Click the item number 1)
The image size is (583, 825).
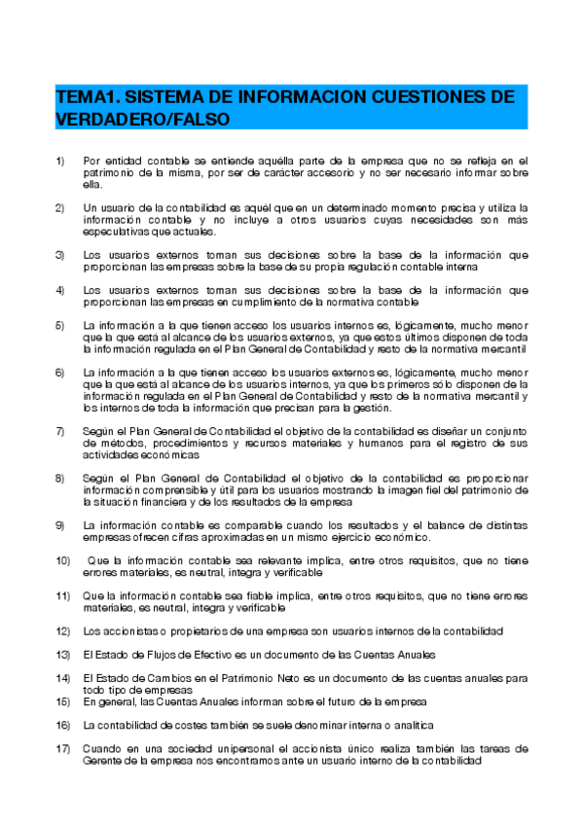point(60,161)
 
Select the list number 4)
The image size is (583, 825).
point(60,290)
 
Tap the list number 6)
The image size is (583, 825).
point(60,373)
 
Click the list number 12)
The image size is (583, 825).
point(63,631)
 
